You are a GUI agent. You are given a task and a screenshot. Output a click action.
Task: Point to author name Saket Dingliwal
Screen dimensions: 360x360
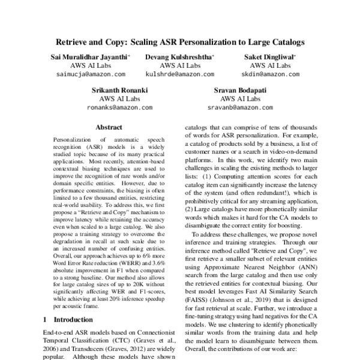coord(273,56)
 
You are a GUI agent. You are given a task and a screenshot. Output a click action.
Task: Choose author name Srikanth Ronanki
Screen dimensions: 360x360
coord(120,90)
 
